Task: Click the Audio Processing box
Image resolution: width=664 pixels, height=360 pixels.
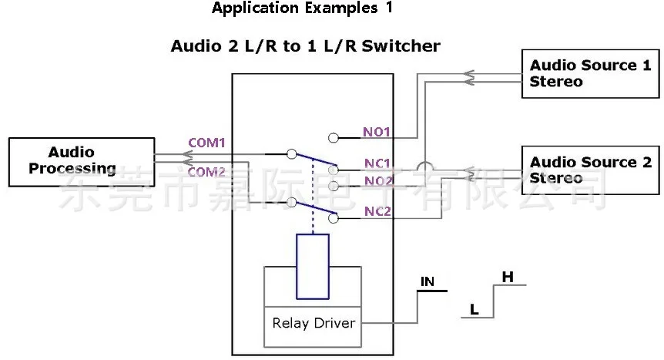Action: pos(80,160)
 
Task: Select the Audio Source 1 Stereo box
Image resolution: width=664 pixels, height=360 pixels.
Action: pos(590,73)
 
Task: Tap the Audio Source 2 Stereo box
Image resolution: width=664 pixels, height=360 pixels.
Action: pos(590,170)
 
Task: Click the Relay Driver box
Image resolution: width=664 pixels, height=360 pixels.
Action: pos(313,322)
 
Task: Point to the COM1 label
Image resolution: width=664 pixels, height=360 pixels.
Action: pos(206,143)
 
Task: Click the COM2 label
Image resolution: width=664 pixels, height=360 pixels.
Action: pos(206,172)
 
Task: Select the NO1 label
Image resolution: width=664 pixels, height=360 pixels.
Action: pos(378,132)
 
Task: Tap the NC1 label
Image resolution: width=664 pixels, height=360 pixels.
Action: pos(378,163)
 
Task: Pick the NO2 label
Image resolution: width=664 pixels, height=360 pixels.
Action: pos(378,180)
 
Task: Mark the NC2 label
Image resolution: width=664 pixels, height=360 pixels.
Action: pos(378,211)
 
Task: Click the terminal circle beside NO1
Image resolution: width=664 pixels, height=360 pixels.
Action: pos(333,138)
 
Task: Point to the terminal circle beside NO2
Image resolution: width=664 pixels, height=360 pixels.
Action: pos(333,186)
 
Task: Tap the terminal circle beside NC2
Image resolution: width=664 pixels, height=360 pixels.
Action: pos(333,218)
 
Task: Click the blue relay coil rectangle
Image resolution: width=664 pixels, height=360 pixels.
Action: pos(313,266)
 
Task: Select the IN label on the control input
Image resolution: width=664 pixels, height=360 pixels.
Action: pos(428,282)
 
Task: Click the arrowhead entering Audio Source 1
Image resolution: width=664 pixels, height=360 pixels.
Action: pos(468,75)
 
